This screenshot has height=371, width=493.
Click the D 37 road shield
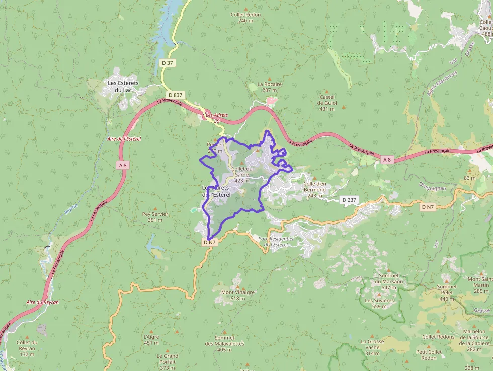(x=168, y=63)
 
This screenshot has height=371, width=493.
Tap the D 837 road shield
(x=176, y=95)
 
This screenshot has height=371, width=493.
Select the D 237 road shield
(x=349, y=200)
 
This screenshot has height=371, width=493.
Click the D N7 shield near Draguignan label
(x=428, y=207)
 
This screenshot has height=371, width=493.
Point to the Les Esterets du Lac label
(x=123, y=86)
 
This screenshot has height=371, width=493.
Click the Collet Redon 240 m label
(x=245, y=18)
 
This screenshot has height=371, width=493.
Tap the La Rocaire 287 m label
(x=270, y=87)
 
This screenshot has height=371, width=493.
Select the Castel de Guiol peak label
(x=326, y=103)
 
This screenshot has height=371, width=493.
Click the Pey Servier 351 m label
(x=155, y=217)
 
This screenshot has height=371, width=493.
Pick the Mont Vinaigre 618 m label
(x=238, y=295)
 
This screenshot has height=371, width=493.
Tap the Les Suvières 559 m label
(x=379, y=303)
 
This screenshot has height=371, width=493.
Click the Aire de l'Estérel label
(x=124, y=139)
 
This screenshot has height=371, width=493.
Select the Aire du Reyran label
(x=43, y=302)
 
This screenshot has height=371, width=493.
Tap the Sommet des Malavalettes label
(x=225, y=340)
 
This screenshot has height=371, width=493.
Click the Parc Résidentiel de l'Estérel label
(x=275, y=241)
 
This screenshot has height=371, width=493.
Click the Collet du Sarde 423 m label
(x=242, y=174)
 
